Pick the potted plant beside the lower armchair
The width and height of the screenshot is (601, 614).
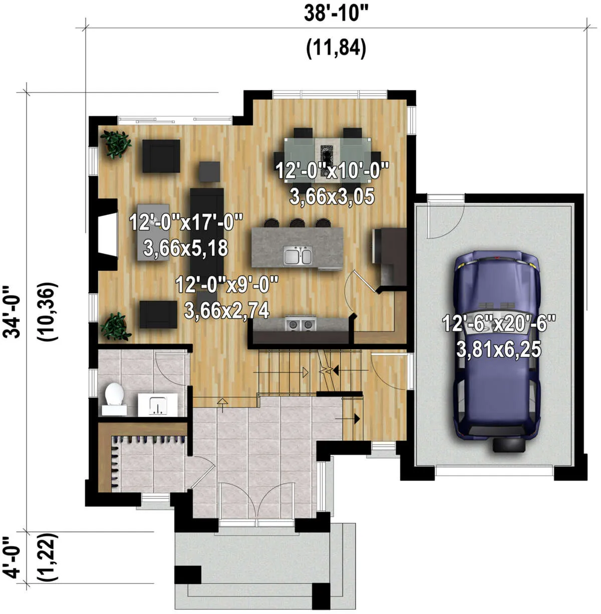(x=116, y=326)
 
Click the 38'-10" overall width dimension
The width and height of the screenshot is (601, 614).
(x=337, y=14)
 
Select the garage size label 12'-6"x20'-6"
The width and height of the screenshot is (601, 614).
(x=498, y=323)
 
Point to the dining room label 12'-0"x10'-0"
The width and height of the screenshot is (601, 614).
(x=332, y=171)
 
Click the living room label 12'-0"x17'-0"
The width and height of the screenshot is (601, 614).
(x=186, y=222)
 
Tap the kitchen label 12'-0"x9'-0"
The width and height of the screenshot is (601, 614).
(x=227, y=284)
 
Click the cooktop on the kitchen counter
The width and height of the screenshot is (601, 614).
(x=300, y=324)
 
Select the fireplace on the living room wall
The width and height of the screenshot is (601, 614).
(x=107, y=235)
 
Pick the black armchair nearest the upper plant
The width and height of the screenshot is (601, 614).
(x=161, y=156)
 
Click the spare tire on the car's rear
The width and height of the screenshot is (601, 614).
(x=508, y=445)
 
